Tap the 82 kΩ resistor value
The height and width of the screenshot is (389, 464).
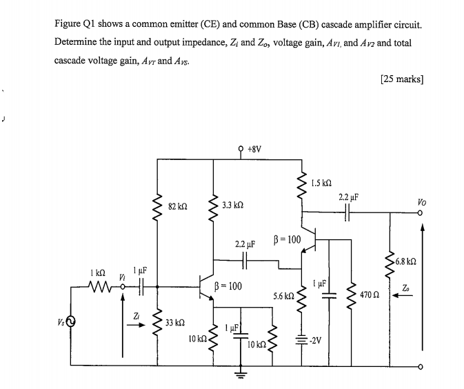point(177,205)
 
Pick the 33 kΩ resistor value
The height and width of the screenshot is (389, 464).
point(175,321)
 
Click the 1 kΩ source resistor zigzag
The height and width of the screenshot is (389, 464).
point(97,283)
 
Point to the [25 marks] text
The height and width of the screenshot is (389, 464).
point(401,79)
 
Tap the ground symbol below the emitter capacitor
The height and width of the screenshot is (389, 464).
point(241,376)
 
